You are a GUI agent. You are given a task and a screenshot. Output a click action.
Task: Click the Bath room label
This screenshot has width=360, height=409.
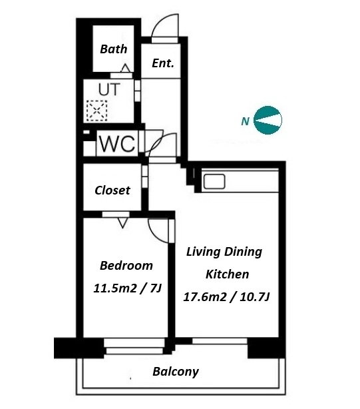point(114,49)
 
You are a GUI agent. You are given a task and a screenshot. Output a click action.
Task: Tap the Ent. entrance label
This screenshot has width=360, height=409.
point(163,63)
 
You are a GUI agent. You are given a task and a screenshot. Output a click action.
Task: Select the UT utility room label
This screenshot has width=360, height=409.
point(109,89)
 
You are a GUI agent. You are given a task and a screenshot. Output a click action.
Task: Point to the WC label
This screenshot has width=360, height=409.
point(118,144)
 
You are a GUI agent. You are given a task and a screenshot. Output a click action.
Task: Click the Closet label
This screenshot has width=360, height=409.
point(112,191)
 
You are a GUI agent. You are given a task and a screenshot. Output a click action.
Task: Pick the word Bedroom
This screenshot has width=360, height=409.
point(126,266)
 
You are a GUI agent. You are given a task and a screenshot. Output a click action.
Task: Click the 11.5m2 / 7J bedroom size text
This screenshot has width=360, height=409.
point(128,288)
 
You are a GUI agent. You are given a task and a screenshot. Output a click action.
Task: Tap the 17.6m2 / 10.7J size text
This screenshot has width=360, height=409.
point(226,297)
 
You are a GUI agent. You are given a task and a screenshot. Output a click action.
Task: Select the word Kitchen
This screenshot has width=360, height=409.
point(227,274)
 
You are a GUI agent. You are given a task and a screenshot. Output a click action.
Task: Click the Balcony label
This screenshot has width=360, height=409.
point(176,372)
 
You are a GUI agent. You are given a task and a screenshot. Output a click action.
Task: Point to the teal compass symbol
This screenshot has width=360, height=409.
point(268,121)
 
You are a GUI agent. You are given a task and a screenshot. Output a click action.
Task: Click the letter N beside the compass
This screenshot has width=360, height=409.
point(245,121)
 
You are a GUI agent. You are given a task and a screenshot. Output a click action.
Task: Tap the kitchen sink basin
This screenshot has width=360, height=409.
point(214,181)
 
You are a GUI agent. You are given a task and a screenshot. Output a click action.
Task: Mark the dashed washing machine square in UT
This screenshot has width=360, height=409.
point(97,111)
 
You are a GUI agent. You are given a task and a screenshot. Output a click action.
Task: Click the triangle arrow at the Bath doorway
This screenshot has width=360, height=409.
point(126,68)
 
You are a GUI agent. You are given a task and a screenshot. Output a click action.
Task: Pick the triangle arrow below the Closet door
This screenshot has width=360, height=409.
point(122,223)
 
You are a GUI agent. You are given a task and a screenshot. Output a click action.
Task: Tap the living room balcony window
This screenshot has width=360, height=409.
point(220,341)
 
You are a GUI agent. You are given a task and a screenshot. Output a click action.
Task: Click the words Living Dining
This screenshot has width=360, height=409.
point(224,252)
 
